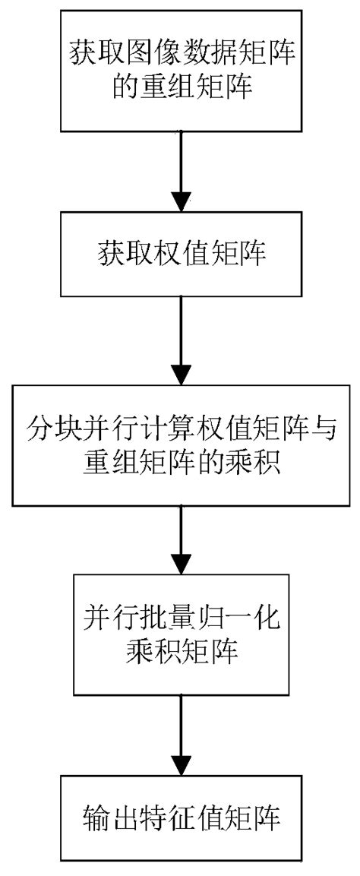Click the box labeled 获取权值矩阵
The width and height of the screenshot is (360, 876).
pyautogui.click(x=179, y=254)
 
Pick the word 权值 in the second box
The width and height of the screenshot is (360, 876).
pyautogui.click(x=179, y=254)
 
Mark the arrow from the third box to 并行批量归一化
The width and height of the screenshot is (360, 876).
pyautogui.click(x=179, y=540)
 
